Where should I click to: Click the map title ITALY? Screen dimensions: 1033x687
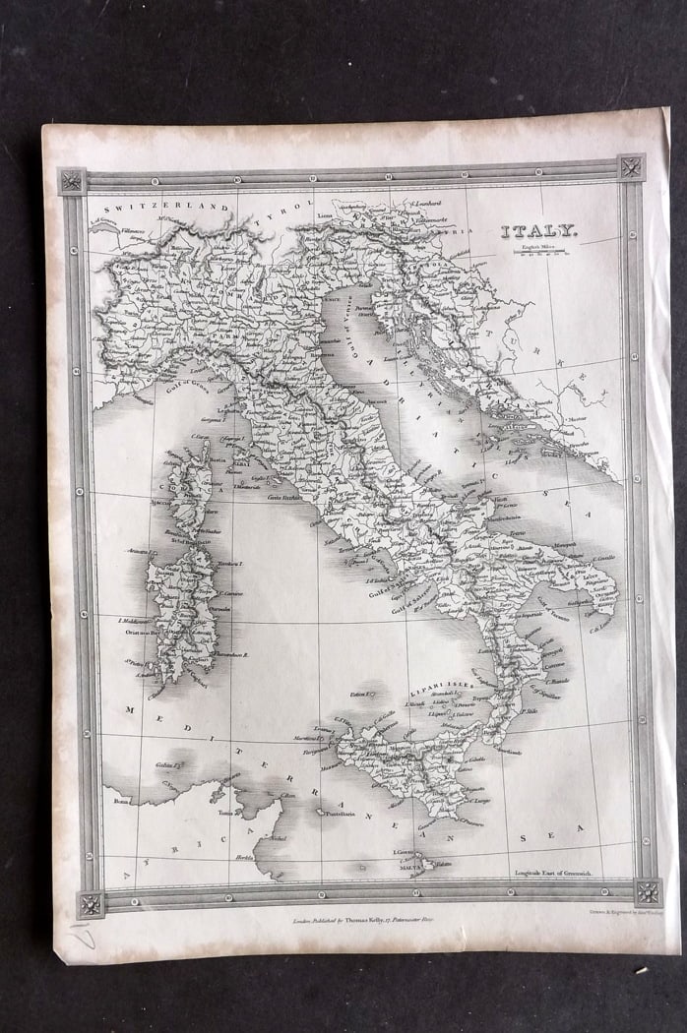click(538, 232)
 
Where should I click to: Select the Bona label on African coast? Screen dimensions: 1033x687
click(121, 802)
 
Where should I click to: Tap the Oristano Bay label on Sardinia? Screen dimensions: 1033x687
click(135, 633)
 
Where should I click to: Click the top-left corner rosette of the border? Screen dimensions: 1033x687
click(72, 181)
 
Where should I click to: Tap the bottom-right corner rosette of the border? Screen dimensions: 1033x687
click(647, 892)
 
